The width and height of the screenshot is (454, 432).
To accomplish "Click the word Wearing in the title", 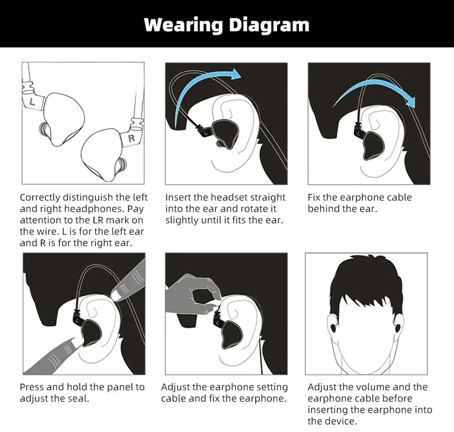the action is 183,25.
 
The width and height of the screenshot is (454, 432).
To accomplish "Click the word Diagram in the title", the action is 269,25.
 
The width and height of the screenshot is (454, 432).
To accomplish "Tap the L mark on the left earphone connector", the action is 32,101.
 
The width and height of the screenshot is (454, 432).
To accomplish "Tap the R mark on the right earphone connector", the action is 132,138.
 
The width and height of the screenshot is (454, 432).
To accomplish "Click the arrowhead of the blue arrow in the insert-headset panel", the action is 235,74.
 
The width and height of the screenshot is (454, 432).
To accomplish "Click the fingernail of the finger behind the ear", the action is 116,296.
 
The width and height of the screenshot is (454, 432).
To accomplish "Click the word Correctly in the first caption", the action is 39,198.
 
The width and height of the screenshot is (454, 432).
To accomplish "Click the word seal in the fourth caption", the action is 78,399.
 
